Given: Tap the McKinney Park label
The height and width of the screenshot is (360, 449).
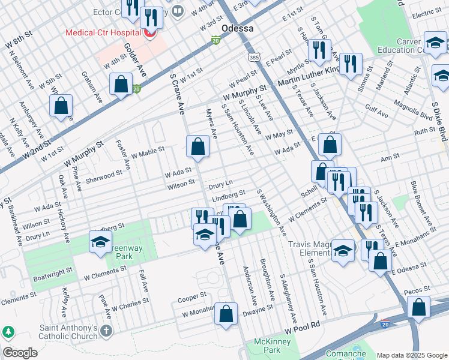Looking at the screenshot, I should coord(272,346).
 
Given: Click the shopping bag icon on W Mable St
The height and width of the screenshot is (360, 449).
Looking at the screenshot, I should coord(197,146).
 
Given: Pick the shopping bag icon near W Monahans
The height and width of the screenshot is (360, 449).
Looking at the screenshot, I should coord(226,314).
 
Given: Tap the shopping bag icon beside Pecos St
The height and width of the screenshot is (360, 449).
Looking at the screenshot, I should coord(418,307).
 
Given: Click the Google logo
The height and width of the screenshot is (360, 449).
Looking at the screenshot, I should coord(20,353).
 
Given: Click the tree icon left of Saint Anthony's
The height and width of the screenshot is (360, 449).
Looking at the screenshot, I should coord(9,332).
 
